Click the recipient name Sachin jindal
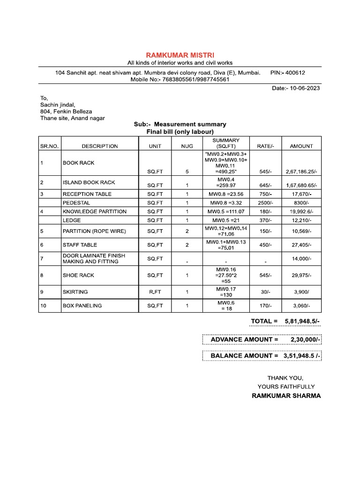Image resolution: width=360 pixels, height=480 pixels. point(58,105)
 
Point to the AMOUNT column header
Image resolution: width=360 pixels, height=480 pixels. point(301,146)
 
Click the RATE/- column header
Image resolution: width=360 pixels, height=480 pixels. point(265,146)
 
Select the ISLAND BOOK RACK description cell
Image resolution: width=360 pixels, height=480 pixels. point(89,182)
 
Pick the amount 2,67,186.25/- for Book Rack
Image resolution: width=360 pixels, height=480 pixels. point(301,172)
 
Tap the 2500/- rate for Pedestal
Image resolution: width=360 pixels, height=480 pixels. point(265,202)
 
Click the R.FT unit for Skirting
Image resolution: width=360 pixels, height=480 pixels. point(155,292)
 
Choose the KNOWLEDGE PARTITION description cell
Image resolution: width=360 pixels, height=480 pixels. point(94,211)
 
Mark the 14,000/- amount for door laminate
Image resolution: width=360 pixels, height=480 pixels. point(301,259)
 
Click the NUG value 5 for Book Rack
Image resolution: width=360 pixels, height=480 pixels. point(187,172)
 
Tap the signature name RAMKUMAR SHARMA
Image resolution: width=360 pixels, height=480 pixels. point(286,396)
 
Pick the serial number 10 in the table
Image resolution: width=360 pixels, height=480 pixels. point(43,306)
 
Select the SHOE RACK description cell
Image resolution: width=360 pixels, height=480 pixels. point(78,275)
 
